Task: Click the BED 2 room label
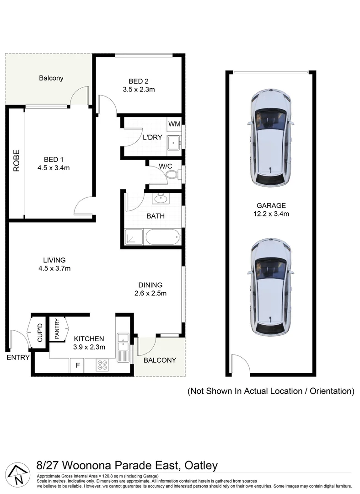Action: (x=139, y=81)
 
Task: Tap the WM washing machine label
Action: (x=174, y=124)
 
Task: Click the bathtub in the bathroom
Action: (x=162, y=237)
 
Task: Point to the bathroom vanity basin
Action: (x=161, y=199)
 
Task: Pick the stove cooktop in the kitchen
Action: (x=102, y=365)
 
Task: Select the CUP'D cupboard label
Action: (x=39, y=333)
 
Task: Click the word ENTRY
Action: (x=18, y=357)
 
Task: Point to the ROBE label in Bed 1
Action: (x=16, y=161)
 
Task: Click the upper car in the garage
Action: (x=270, y=138)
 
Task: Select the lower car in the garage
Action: (x=270, y=287)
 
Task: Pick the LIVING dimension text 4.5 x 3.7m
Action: (x=54, y=268)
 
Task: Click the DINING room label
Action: (x=150, y=285)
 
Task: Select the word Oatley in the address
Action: (x=201, y=466)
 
